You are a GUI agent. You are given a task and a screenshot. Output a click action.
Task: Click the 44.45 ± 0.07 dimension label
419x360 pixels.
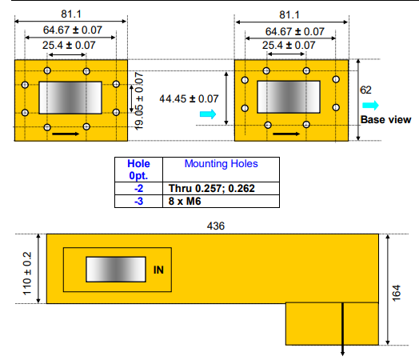coord(190,98)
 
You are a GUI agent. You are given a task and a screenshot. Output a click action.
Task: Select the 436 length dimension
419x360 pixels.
coord(215,226)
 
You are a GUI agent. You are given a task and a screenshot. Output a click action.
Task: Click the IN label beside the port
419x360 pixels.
coord(159,271)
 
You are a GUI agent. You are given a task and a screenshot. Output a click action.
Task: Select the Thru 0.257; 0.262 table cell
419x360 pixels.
coord(212,188)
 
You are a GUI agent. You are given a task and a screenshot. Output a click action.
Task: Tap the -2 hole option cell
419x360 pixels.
coord(139,188)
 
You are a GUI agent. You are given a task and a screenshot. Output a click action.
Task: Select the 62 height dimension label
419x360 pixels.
coord(366,91)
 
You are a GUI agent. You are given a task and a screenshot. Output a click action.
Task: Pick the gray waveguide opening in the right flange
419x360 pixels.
coord(289,98)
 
